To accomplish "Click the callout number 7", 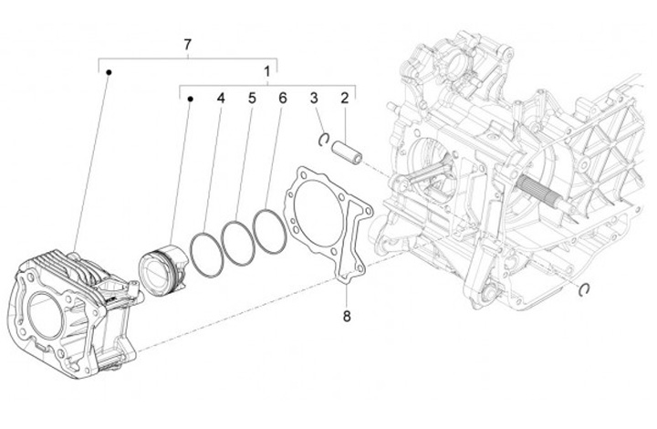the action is (187, 44).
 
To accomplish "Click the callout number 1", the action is (266, 70).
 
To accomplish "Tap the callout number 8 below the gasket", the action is (347, 317).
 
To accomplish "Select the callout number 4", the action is (220, 98).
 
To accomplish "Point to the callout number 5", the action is (251, 98).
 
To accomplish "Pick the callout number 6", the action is (283, 98).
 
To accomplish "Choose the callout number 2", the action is (345, 98).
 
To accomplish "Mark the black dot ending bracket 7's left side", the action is (108, 71).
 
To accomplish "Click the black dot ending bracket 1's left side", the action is (189, 98).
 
